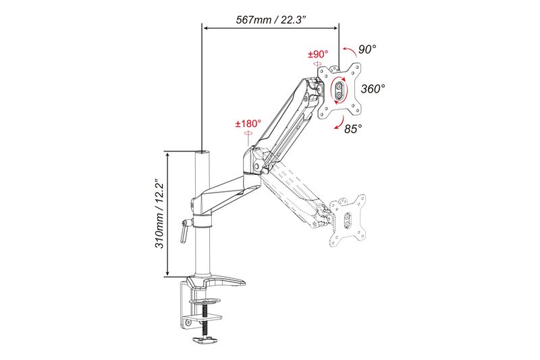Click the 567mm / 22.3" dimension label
[x=272, y=20]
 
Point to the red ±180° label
[x=248, y=124]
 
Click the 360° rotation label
[x=373, y=88]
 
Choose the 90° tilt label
[x=367, y=49]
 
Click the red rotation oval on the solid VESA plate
[x=340, y=91]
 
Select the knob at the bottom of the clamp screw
[x=203, y=340]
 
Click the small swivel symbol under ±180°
[x=248, y=134]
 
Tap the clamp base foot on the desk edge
[x=216, y=282]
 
